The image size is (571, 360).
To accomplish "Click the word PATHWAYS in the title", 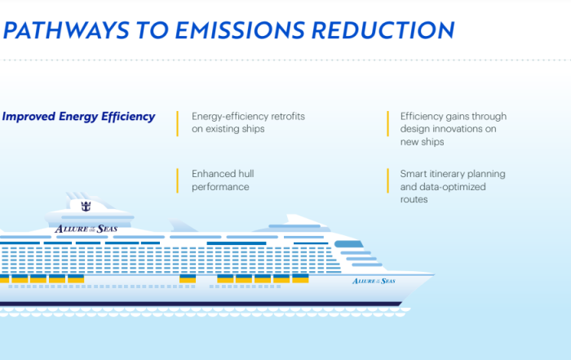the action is tap(66, 30).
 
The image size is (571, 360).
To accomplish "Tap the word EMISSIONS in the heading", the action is tap(240, 30).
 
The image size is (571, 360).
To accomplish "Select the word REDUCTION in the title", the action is tap(383, 30).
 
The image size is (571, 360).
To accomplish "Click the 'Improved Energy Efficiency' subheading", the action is tap(78, 117).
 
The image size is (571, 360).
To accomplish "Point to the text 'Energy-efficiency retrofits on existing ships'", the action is tap(248, 122).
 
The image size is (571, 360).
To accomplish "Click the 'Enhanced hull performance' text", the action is tap(223, 180).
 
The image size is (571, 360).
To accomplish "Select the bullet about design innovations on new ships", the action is tap(454, 129).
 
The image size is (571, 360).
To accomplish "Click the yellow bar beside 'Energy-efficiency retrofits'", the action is tap(177, 123).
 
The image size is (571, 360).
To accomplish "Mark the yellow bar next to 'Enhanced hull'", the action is tap(177, 180).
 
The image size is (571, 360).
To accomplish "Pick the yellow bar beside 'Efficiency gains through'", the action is tap(387, 123).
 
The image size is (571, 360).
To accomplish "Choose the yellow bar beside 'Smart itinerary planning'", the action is tap(387, 180).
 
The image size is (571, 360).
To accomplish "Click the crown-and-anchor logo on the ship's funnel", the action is tap(86, 207).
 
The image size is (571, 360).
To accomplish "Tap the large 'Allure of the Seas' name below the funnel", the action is tap(86, 229).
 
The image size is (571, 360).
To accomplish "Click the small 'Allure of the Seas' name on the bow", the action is tap(374, 281).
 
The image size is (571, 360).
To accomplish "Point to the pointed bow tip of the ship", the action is tap(435, 274).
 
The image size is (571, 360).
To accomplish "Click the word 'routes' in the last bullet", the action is tap(414, 199).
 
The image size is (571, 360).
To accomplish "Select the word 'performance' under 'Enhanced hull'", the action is tap(220, 187).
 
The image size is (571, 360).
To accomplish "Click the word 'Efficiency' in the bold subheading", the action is tap(128, 117).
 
